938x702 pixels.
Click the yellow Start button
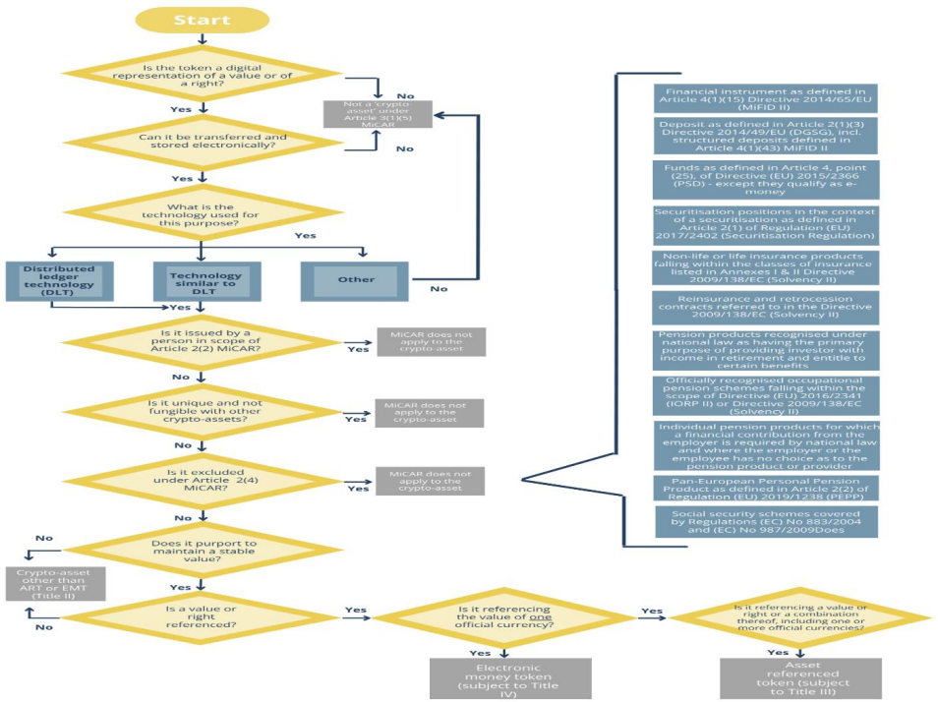point(202,19)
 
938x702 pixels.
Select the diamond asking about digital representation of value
point(203,75)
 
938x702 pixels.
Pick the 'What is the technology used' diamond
point(203,214)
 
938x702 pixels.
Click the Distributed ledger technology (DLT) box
point(51,279)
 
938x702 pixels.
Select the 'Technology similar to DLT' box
point(203,279)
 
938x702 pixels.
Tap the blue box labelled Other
point(356,279)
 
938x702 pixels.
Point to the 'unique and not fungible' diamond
point(203,412)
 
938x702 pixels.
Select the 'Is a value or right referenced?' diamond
point(203,616)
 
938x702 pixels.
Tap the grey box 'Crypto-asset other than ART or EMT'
point(47,583)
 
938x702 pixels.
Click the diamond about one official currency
point(503,616)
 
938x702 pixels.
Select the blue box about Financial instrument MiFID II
point(765,98)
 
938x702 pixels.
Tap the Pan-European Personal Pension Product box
point(765,488)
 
